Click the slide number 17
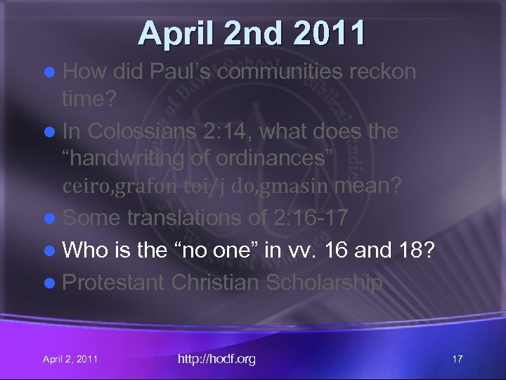coord(457,360)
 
